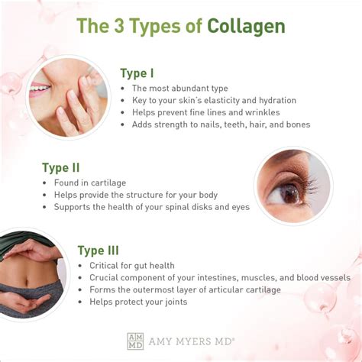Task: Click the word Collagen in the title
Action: (246, 26)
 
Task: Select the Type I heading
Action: (137, 73)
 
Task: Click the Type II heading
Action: (61, 167)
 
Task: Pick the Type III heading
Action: (99, 250)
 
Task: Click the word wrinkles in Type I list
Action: (260, 112)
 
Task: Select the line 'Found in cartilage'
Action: (89, 183)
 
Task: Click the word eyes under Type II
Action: (239, 207)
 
